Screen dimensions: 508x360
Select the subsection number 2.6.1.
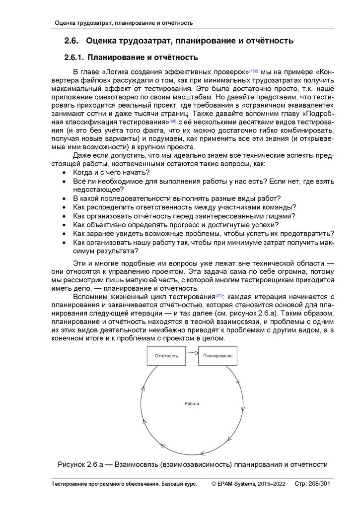(x=75, y=58)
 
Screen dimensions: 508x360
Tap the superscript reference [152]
(x=253, y=70)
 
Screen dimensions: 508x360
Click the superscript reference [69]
(x=172, y=121)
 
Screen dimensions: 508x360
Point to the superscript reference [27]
(x=219, y=296)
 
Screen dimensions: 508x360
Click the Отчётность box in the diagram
(x=166, y=356)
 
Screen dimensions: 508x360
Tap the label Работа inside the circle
(x=192, y=403)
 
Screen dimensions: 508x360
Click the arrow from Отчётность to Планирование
(x=192, y=353)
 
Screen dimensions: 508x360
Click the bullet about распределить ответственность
(x=184, y=207)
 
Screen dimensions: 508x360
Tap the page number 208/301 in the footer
(x=320, y=484)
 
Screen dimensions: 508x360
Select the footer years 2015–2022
(x=272, y=484)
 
